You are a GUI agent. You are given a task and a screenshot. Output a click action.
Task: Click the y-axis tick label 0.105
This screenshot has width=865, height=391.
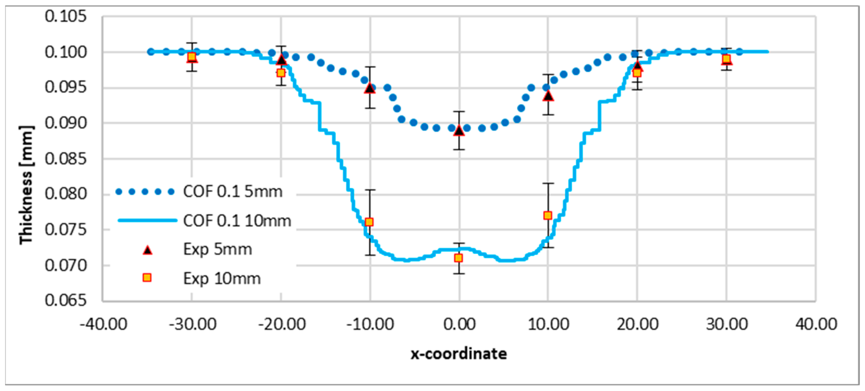66,16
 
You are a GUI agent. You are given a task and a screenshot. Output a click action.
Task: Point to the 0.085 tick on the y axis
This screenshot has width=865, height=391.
66,159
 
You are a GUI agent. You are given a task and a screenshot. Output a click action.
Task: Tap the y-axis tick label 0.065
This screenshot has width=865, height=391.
66,300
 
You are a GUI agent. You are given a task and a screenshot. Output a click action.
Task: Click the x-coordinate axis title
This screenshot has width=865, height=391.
459,354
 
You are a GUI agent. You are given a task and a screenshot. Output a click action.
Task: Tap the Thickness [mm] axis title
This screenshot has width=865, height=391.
26,185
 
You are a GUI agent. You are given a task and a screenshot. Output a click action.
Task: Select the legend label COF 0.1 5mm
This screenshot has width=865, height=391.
233,191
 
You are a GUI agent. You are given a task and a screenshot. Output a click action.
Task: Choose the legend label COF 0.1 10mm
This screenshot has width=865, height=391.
237,221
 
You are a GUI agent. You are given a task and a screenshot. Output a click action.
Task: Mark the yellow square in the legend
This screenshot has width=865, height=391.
147,278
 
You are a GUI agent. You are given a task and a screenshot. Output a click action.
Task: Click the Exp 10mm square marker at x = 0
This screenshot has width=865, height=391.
458,258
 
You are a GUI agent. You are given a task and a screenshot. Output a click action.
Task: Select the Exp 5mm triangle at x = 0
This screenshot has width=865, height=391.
459,131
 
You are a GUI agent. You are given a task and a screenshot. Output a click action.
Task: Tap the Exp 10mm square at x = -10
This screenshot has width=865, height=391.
369,222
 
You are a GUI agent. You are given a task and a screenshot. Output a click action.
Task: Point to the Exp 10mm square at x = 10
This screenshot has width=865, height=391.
548,216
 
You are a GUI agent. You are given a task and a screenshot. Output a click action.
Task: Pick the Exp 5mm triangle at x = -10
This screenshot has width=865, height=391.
370,88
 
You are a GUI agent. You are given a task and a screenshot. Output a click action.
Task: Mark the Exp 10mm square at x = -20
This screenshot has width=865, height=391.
281,73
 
